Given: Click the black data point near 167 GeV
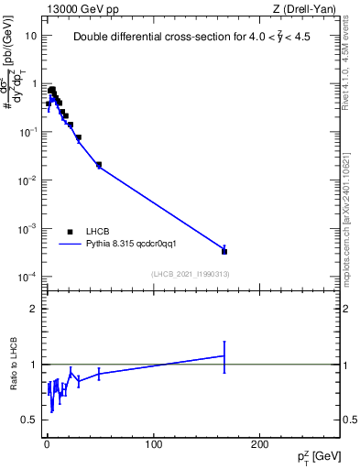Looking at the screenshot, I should click(x=224, y=250).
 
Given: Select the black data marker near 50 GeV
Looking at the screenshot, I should click(x=99, y=165).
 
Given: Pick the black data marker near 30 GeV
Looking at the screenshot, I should click(x=79, y=137).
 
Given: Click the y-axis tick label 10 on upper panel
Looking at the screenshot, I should click(x=30, y=36).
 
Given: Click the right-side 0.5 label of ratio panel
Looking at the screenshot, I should click(x=350, y=420).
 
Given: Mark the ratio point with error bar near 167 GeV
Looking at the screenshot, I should click(x=224, y=355).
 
